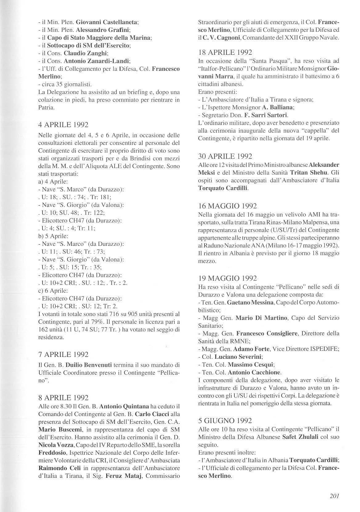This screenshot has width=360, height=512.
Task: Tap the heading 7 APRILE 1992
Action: [x=63, y=354]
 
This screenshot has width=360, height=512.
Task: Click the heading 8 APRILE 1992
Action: [x=63, y=398]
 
